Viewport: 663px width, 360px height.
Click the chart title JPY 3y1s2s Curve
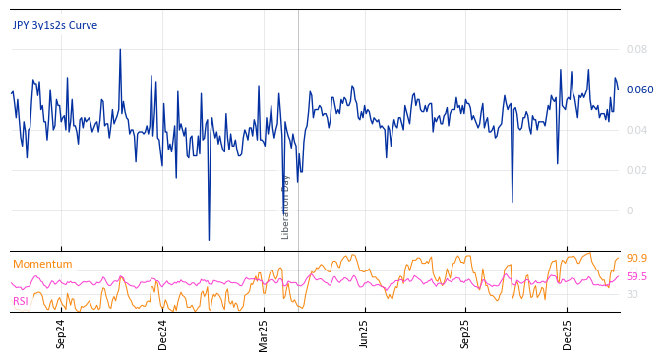pos(55,26)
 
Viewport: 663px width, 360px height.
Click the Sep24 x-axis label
pos(61,333)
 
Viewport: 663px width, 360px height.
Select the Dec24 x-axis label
pos(163,333)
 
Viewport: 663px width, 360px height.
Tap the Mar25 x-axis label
pos(264,333)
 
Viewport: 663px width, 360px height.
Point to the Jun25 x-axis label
pos(364,333)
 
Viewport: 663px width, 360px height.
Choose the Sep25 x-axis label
pos(465,333)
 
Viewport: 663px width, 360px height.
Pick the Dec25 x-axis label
pos(568,333)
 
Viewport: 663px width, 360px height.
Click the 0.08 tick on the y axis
pos(636,49)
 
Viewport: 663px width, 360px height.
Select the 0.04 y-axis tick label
pos(636,130)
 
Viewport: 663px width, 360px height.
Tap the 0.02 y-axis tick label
pos(636,170)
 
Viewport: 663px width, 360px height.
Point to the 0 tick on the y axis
pos(630,210)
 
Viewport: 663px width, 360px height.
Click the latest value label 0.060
pos(639,90)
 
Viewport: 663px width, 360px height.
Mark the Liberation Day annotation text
pos(286,207)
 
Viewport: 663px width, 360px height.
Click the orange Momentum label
pos(42,264)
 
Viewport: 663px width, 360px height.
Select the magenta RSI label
pos(21,301)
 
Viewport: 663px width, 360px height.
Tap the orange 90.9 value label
pos(636,258)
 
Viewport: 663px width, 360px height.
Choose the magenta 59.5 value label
pos(636,277)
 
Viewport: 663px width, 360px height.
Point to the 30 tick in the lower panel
pos(633,294)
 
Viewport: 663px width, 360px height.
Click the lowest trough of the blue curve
pos(209,240)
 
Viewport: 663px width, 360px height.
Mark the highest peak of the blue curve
pos(120,49)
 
